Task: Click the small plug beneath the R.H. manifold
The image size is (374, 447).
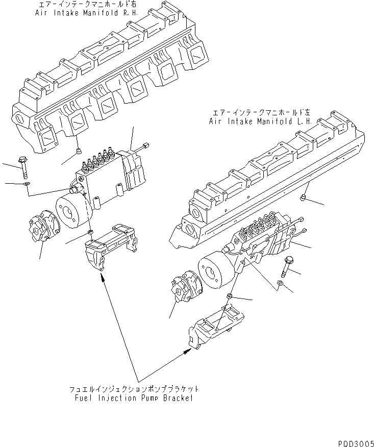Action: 77,151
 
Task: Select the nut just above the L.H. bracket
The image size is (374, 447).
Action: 230,296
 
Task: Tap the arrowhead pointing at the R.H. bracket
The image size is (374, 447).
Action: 103,277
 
